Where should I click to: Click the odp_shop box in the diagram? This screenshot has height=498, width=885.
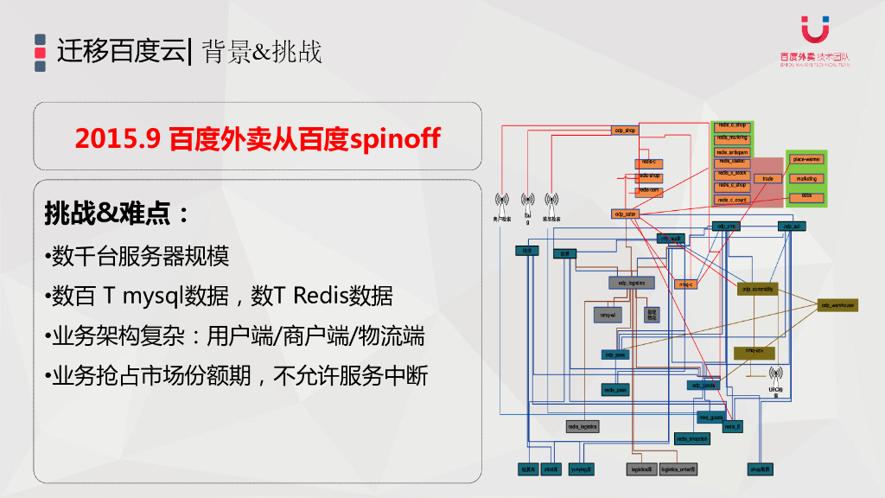[x=625, y=131]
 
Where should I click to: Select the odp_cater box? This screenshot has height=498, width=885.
[x=625, y=214]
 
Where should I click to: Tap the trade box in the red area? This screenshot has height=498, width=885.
[x=767, y=179]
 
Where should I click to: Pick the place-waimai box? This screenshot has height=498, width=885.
[x=806, y=160]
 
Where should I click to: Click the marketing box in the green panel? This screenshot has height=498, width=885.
[x=806, y=179]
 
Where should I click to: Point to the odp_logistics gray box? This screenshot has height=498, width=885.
[x=631, y=283]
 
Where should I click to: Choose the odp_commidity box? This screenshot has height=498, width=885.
[x=757, y=290]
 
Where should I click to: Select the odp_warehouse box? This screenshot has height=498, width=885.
[x=837, y=305]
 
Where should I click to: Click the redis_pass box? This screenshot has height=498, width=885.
[x=615, y=390]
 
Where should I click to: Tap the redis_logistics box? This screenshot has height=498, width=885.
[x=583, y=426]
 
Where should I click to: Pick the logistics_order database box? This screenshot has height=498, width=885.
[x=678, y=469]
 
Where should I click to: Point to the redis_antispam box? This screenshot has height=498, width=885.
[x=732, y=152]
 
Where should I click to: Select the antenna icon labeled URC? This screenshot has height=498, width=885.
[x=775, y=375]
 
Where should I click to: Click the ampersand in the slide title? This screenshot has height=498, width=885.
[x=262, y=52]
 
